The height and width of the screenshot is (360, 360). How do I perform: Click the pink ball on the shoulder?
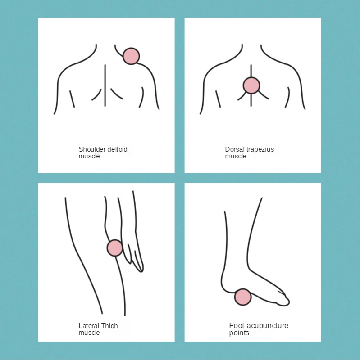pos(131,56)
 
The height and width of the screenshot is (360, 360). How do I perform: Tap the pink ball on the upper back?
pos(251,85)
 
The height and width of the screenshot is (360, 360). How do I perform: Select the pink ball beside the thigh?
pos(115,248)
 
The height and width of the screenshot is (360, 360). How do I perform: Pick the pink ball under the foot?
pos(243,297)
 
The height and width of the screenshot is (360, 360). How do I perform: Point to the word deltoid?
pos(117,149)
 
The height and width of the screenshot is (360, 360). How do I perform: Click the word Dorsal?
pos(235,149)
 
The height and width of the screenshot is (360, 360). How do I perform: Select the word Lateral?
pos(89,326)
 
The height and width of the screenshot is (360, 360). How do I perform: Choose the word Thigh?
pos(109,326)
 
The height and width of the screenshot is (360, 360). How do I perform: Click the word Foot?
pos(237,325)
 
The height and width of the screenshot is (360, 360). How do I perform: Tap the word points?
pos(239,333)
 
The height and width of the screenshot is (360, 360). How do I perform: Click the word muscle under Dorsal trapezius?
pos(236,156)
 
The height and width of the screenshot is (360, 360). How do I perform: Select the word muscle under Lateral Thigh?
pos(89,333)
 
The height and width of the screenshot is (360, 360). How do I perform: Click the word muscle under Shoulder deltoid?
pos(89,156)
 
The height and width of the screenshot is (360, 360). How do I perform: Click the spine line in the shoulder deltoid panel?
pos(105,85)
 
